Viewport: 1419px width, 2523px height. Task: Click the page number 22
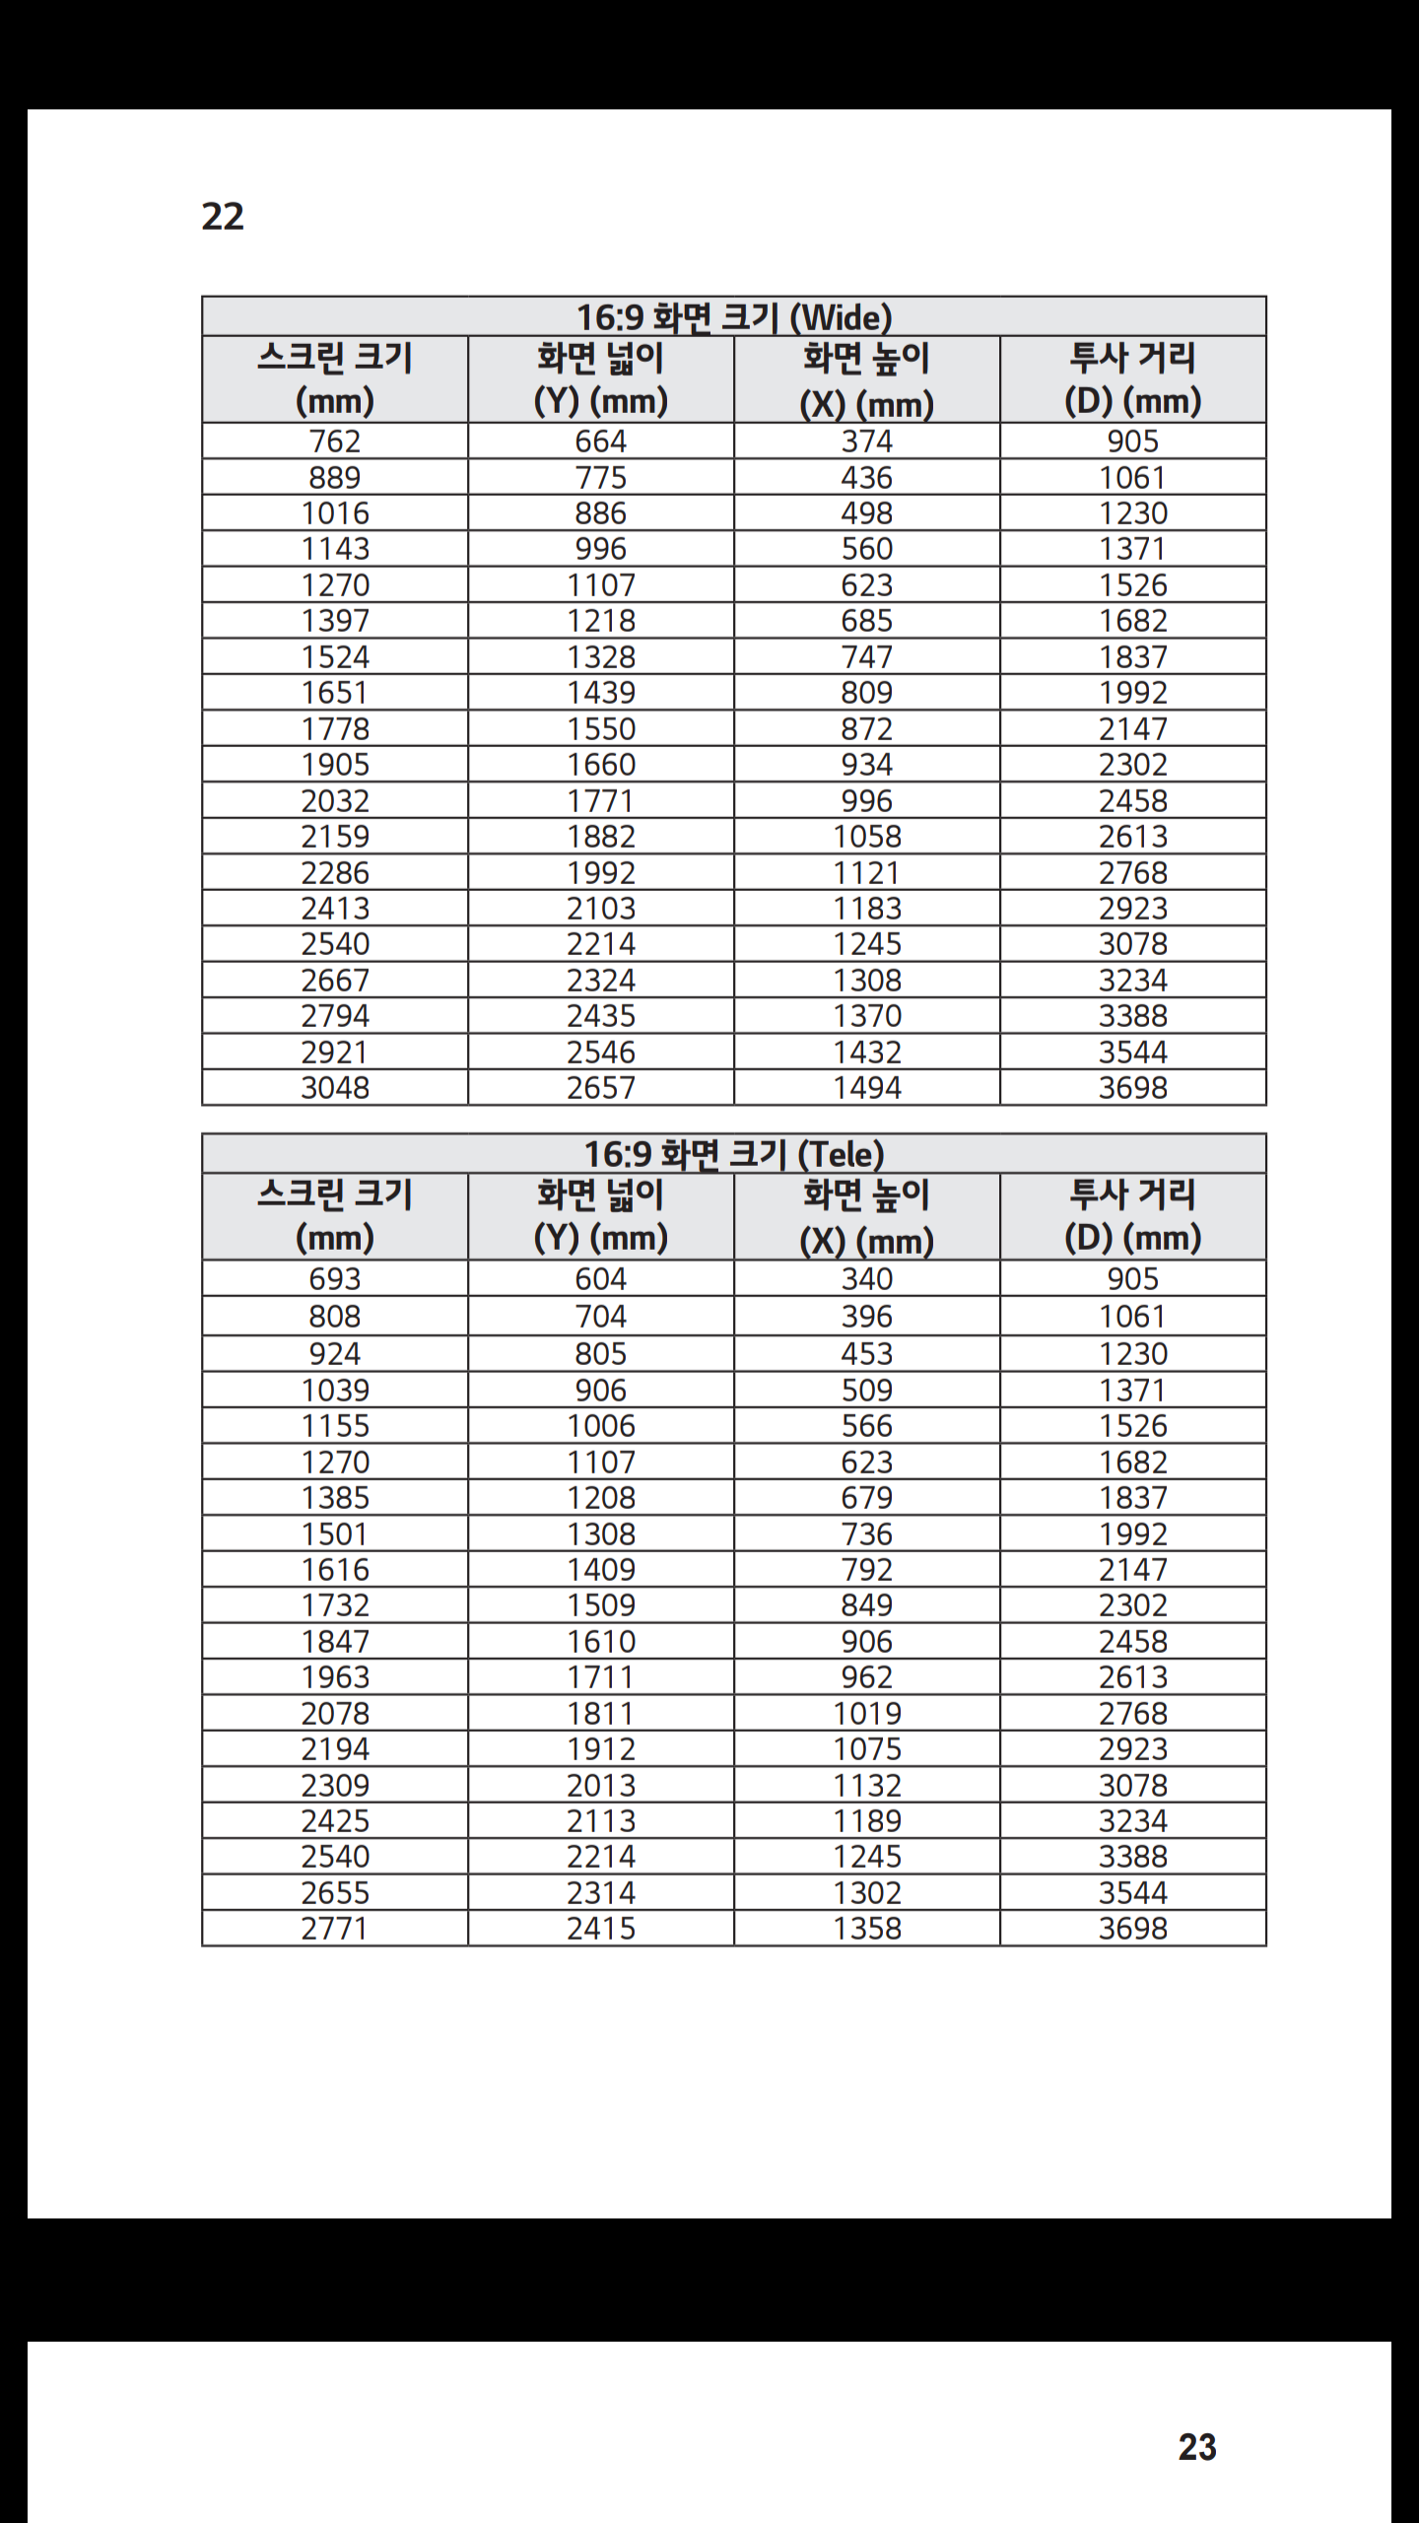[223, 217]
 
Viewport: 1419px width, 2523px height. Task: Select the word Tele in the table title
[841, 1154]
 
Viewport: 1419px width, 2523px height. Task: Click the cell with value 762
[335, 442]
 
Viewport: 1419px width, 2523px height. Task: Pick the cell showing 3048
[335, 1088]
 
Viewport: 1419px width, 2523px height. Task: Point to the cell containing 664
[601, 442]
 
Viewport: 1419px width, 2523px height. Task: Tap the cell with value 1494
[867, 1088]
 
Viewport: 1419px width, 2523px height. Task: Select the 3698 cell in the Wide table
[1133, 1088]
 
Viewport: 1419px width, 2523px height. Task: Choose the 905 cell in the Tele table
[1133, 1279]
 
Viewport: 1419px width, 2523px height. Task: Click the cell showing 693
[335, 1279]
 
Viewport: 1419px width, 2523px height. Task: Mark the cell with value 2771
[335, 1929]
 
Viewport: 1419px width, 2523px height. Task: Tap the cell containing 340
[867, 1279]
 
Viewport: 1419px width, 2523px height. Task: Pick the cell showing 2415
[601, 1929]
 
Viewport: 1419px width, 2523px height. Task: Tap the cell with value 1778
[335, 729]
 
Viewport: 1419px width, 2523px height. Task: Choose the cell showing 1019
[867, 1714]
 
